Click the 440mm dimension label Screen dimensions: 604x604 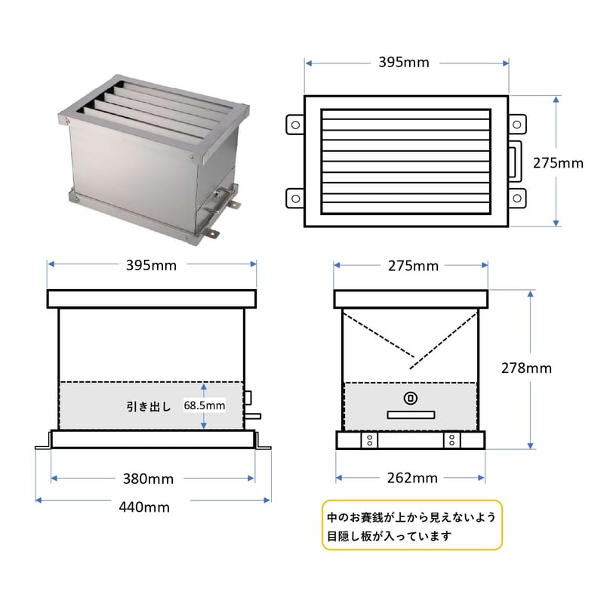click(x=144, y=507)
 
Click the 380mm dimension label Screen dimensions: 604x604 click(x=148, y=479)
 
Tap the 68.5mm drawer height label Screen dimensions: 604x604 click(x=205, y=405)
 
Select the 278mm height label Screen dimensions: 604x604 click(x=526, y=368)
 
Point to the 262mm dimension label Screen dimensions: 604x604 click(x=412, y=478)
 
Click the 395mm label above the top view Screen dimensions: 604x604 click(x=404, y=62)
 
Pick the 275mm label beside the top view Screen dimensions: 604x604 click(x=558, y=163)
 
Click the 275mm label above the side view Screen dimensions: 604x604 click(x=413, y=266)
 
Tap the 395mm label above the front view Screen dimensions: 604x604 click(x=152, y=266)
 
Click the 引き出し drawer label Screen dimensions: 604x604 click(x=149, y=406)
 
